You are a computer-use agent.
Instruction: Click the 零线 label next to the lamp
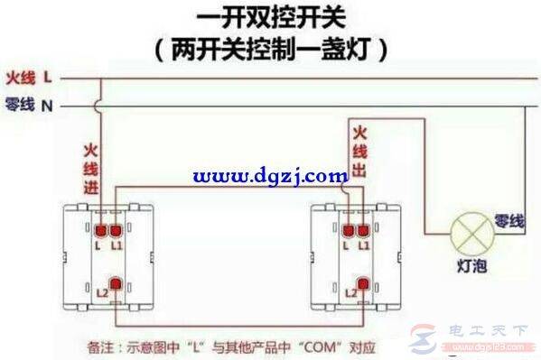(508, 220)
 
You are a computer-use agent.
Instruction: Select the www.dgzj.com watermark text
(271, 176)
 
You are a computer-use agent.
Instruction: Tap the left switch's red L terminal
(101, 228)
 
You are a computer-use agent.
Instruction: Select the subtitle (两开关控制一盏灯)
(271, 48)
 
